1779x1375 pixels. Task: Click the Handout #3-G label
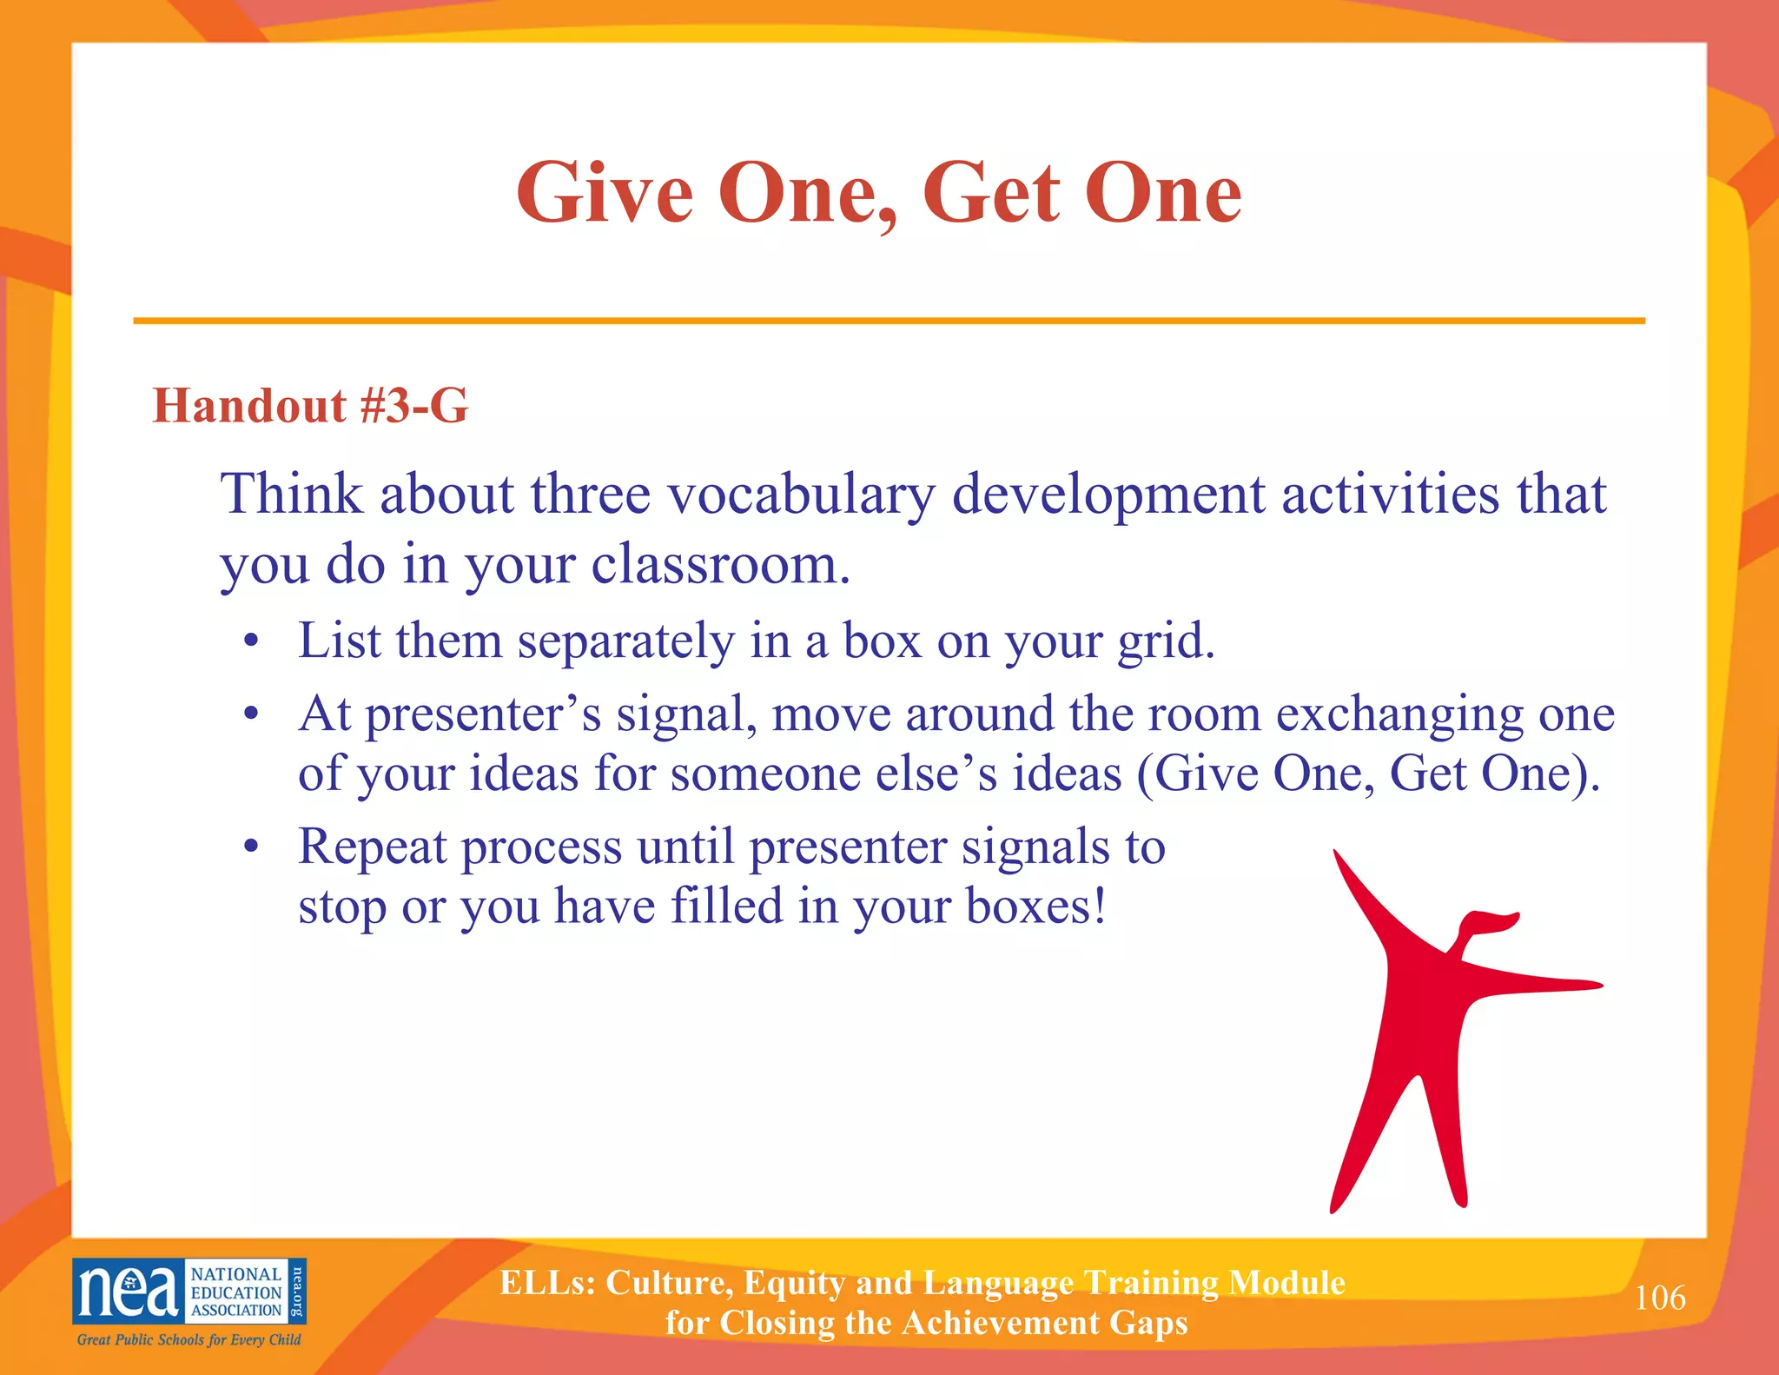(x=310, y=406)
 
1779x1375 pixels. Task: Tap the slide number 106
(x=1659, y=1298)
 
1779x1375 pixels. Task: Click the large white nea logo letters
(x=129, y=1292)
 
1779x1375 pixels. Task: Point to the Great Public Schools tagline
(x=188, y=1339)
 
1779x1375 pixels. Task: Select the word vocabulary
(x=801, y=495)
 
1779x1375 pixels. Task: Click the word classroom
(x=720, y=565)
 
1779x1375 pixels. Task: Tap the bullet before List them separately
(x=252, y=643)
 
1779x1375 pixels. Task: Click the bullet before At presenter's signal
(x=252, y=715)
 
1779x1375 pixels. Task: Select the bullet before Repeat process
(x=252, y=847)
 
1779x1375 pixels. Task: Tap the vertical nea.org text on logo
(x=297, y=1291)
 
